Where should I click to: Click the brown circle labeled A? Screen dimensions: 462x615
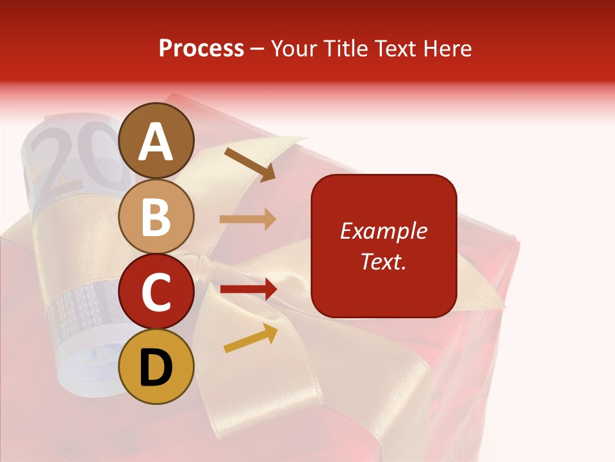tap(156, 141)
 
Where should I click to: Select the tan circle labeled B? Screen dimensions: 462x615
tap(156, 216)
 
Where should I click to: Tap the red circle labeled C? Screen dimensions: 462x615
tap(156, 291)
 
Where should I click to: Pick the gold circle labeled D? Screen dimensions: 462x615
tap(156, 366)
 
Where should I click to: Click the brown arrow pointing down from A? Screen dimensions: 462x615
tap(250, 163)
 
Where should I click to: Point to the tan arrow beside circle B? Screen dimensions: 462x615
tap(248, 219)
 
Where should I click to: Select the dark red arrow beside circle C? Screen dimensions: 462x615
tap(248, 289)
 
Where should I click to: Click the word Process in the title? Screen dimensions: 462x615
tap(201, 48)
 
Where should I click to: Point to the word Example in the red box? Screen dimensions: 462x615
tap(383, 231)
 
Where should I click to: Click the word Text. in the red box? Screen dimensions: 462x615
tap(383, 261)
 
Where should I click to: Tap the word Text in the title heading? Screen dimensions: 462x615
tap(395, 48)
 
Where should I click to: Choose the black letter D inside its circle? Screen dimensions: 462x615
tap(156, 368)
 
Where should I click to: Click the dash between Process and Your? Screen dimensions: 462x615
tap(257, 49)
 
